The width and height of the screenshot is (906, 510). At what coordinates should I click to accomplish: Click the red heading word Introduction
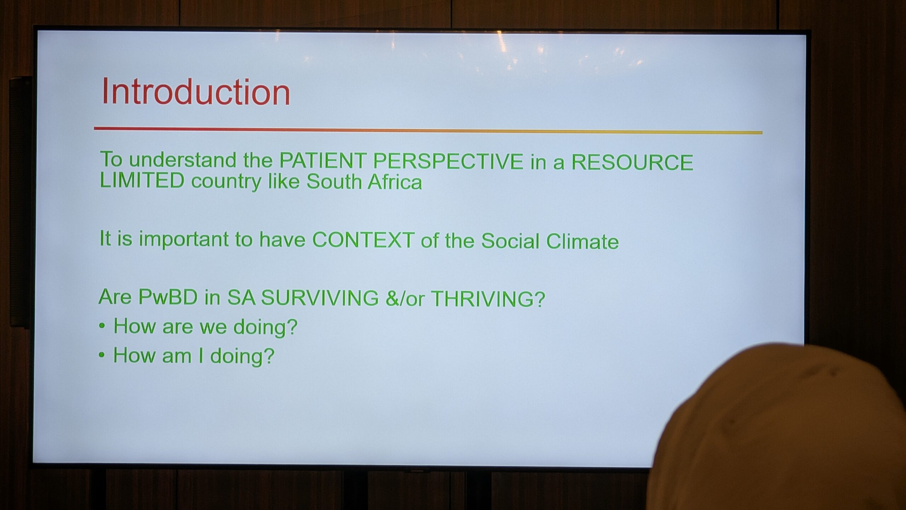196,92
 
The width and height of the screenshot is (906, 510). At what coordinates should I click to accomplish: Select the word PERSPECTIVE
448,161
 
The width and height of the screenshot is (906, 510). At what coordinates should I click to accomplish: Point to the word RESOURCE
632,162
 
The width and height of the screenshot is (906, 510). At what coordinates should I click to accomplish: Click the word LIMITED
142,180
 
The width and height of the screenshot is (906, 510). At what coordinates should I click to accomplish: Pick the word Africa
395,182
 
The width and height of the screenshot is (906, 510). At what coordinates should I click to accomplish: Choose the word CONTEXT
363,240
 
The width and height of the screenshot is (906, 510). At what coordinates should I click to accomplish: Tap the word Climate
582,241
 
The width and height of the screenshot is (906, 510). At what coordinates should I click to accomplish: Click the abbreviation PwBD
168,297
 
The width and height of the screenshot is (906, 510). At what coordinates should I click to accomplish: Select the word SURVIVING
320,297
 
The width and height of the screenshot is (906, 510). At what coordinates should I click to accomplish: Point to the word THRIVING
488,299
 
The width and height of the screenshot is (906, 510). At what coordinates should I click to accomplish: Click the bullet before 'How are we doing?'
102,325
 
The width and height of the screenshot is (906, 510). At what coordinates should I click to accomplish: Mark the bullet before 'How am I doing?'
102,355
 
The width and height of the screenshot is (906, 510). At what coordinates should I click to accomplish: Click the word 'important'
184,239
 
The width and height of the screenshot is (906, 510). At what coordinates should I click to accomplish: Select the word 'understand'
183,160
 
